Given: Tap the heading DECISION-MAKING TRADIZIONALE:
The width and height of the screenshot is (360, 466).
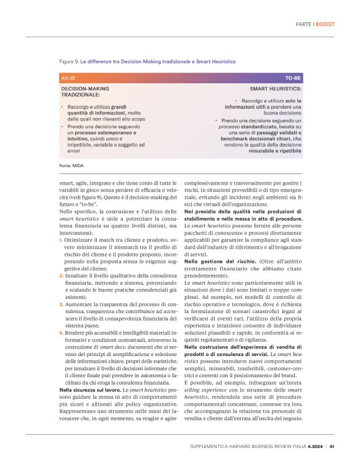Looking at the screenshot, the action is click(87, 92).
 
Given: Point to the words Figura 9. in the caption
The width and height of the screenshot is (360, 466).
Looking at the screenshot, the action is click(68, 61).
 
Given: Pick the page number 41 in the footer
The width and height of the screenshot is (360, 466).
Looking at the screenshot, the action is click(333, 445).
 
